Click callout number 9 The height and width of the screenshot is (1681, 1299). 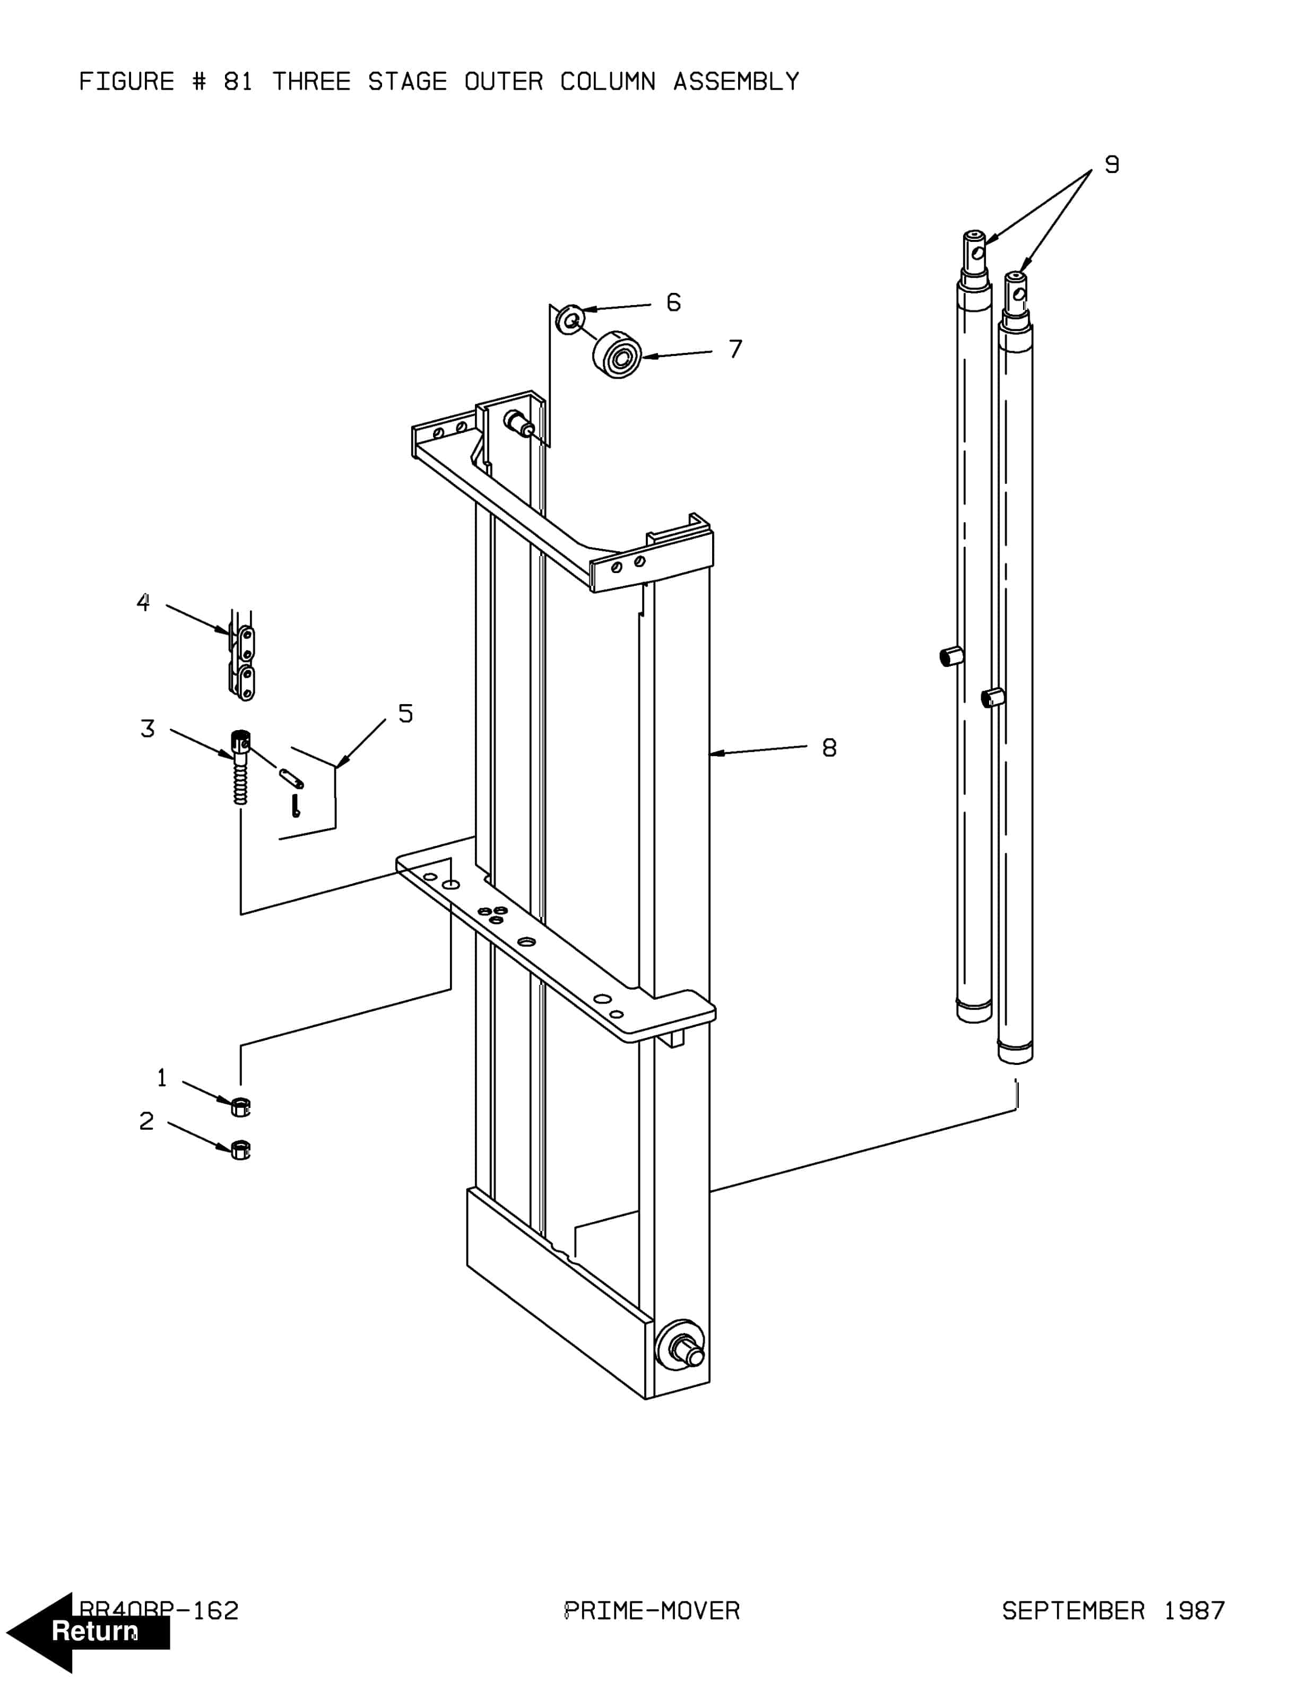1111,164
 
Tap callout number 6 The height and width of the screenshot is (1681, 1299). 673,302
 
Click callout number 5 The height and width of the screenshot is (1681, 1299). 405,714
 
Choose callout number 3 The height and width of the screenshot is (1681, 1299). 147,728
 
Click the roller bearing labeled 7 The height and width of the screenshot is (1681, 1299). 617,355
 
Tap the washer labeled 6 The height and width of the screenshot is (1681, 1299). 569,319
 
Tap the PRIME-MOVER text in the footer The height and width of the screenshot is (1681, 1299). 652,1611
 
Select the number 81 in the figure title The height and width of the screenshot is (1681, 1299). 238,82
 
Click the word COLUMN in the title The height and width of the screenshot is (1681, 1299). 607,82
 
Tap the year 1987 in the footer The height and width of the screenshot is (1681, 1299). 1193,1611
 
